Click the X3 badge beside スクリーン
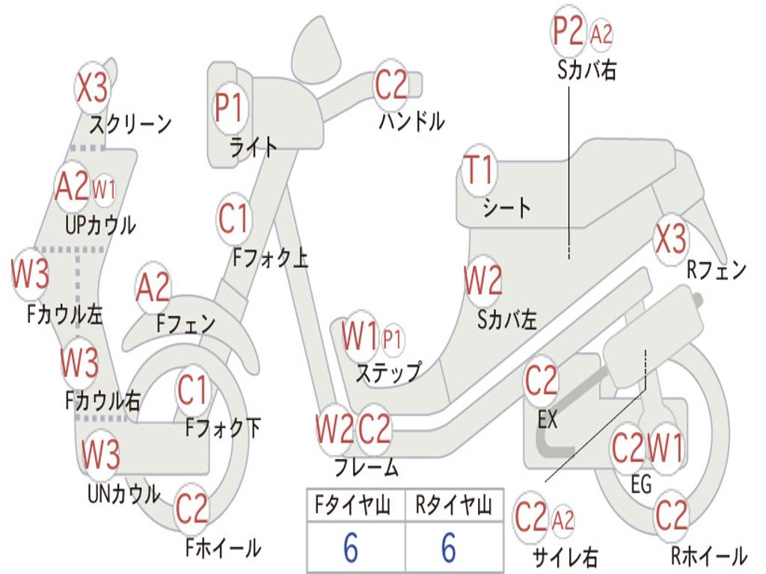coord(93,88)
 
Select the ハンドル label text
coord(411,121)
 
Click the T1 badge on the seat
coord(479,171)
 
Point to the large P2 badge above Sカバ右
coord(568,31)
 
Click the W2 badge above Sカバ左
coord(482,282)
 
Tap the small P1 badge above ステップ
coord(392,339)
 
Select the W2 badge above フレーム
coord(334,430)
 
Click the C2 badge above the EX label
coord(541,381)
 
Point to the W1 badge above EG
coord(665,448)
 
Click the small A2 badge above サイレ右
coord(563,519)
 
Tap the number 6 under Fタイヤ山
coord(350,549)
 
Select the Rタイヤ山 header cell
coord(453,507)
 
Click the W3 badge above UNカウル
coord(101,454)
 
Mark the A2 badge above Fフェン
coord(153,288)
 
